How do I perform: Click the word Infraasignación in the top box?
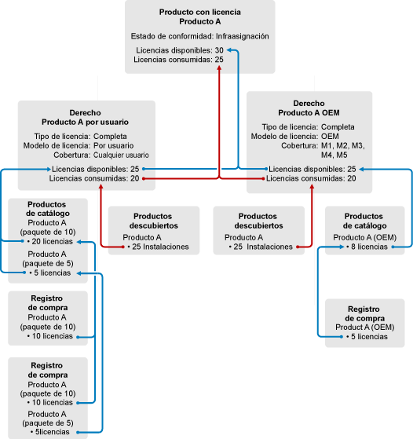pyautogui.click(x=242, y=36)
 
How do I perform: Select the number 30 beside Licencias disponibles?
pyautogui.click(x=219, y=50)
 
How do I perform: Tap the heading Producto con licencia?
pyautogui.click(x=200, y=13)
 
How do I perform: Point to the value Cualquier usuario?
pyautogui.click(x=121, y=155)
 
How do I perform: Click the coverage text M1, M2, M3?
pyautogui.click(x=342, y=146)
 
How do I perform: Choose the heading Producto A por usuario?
pyautogui.click(x=85, y=123)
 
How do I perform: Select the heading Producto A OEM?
pyautogui.click(x=309, y=113)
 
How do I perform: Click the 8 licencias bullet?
pyautogui.click(x=367, y=247)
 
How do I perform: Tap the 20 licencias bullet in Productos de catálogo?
pyautogui.click(x=50, y=242)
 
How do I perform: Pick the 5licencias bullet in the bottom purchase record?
pyautogui.click(x=50, y=432)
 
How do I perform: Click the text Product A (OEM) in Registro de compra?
pyautogui.click(x=365, y=327)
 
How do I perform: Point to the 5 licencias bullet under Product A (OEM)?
pyautogui.click(x=367, y=337)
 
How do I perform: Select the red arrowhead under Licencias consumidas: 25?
pyautogui.click(x=219, y=68)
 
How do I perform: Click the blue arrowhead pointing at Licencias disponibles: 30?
pyautogui.click(x=229, y=50)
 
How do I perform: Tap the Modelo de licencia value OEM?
pyautogui.click(x=330, y=137)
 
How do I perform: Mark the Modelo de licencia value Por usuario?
pyautogui.click(x=113, y=146)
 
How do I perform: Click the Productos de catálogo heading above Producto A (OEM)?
pyautogui.click(x=364, y=221)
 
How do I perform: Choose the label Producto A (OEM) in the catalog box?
pyautogui.click(x=365, y=238)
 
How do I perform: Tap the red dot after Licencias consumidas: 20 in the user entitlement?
pyautogui.click(x=144, y=178)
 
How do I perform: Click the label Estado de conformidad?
pyautogui.click(x=172, y=36)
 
